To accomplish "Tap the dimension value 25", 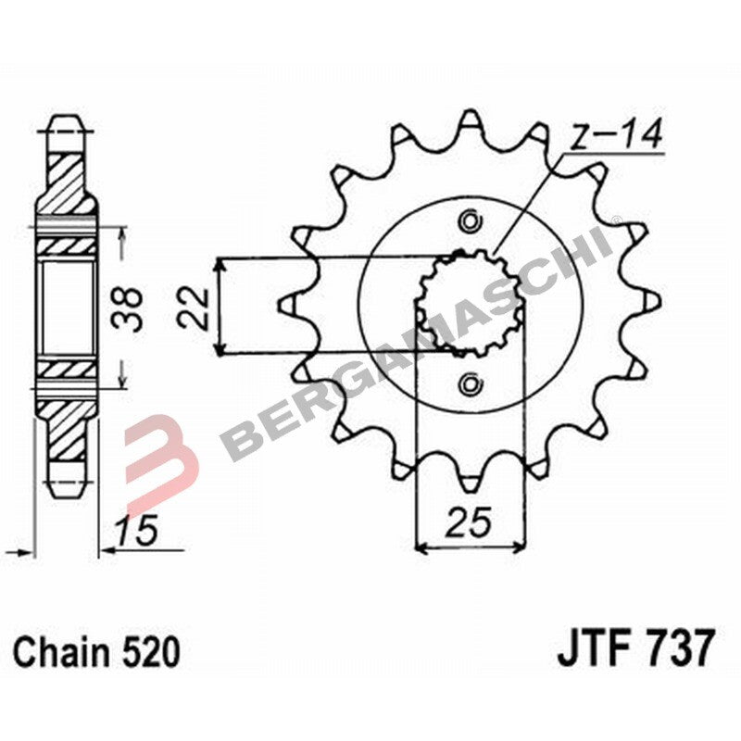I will click(469, 523).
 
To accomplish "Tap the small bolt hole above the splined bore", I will click(470, 220).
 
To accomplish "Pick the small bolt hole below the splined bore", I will click(470, 383).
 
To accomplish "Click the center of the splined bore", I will click(470, 303).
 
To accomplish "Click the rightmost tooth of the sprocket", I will click(651, 302).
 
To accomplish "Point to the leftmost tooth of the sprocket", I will click(287, 302).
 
